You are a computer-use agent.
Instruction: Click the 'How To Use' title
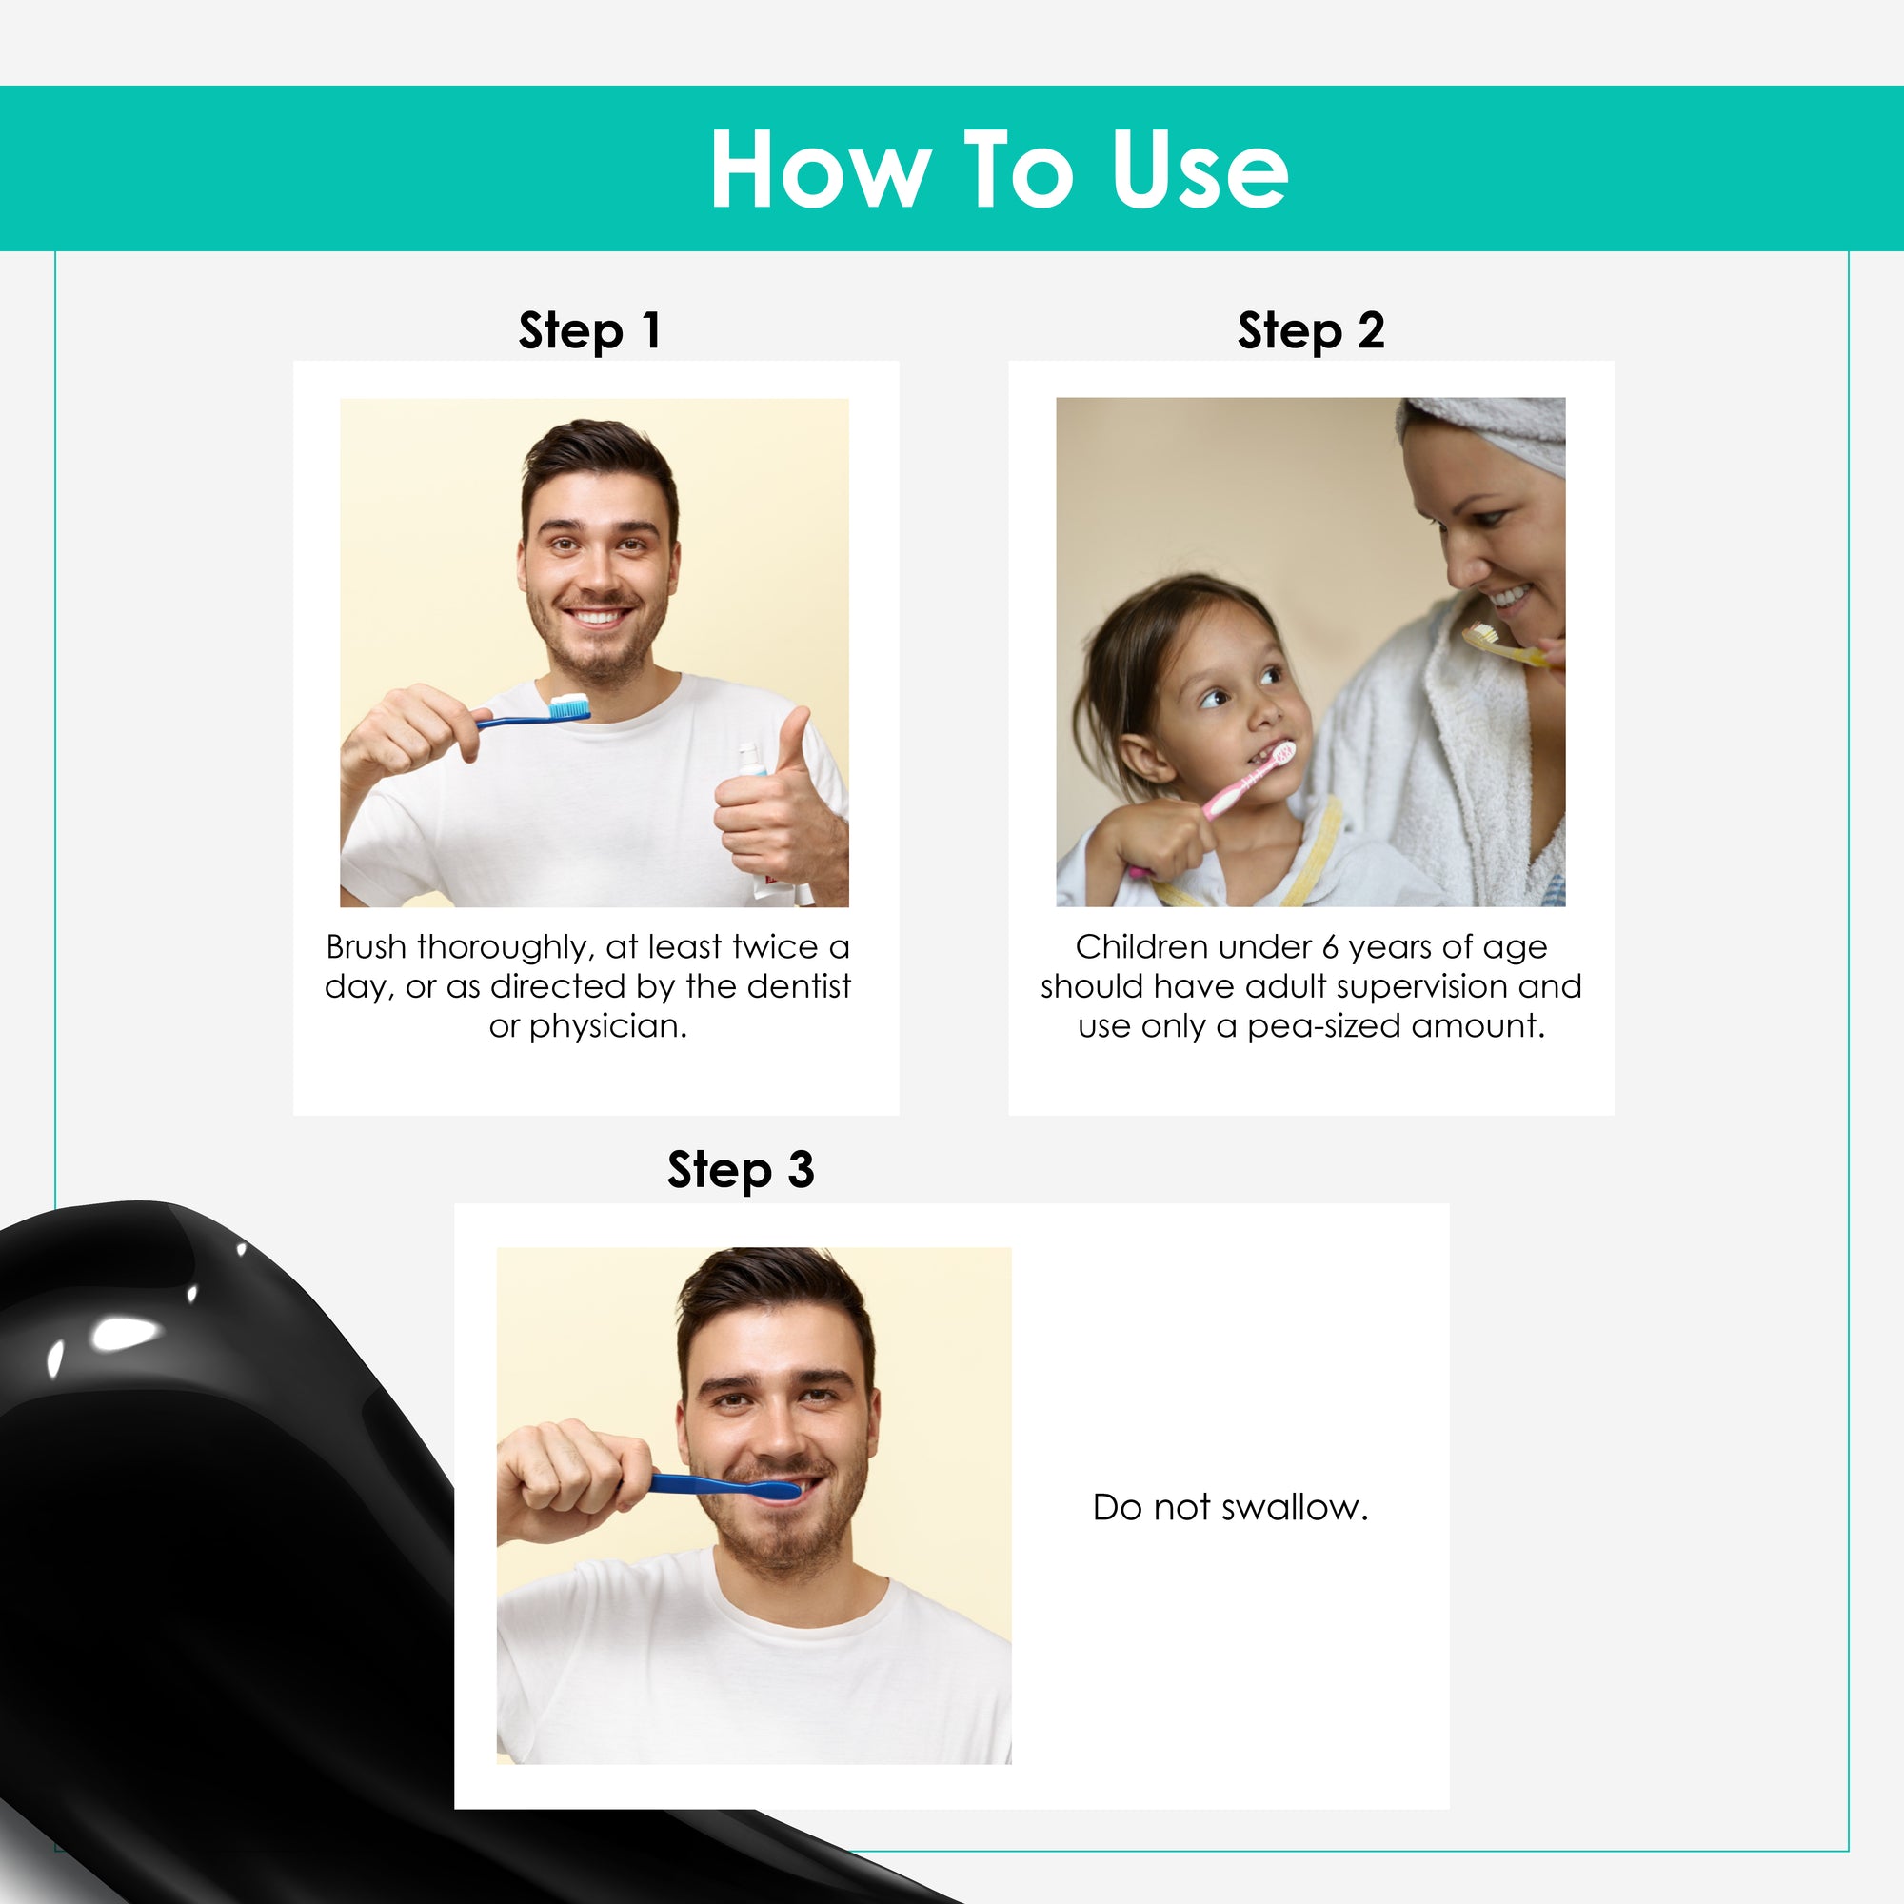pyautogui.click(x=999, y=169)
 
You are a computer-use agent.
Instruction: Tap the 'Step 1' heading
pyautogui.click(x=589, y=331)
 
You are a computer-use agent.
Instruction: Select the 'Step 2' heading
pyautogui.click(x=1311, y=331)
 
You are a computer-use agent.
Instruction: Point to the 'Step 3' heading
pyautogui.click(x=741, y=1171)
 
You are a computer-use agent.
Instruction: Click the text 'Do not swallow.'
pyautogui.click(x=1231, y=1507)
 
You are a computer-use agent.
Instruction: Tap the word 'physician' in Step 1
pyautogui.click(x=604, y=1027)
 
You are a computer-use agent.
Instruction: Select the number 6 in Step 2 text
pyautogui.click(x=1331, y=948)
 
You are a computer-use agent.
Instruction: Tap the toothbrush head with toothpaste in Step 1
pyautogui.click(x=568, y=706)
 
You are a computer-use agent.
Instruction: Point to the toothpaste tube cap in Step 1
pyautogui.click(x=749, y=758)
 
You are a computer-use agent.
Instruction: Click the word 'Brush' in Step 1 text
pyautogui.click(x=366, y=947)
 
